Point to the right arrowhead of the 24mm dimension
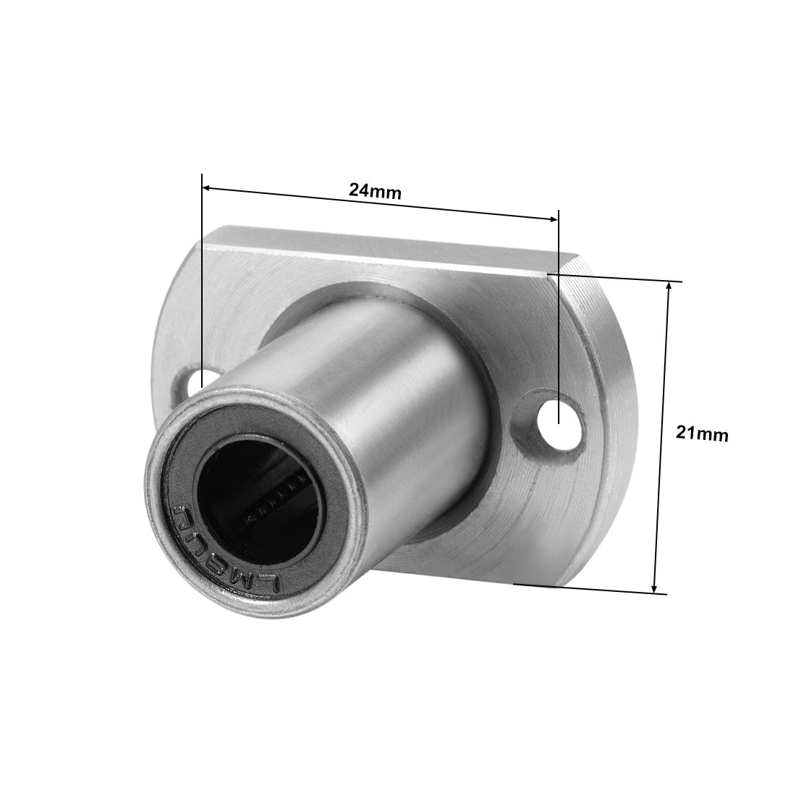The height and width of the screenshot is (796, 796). point(554,218)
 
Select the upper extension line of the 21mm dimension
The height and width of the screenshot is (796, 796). point(615,277)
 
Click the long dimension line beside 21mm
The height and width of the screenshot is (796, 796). point(662,434)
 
